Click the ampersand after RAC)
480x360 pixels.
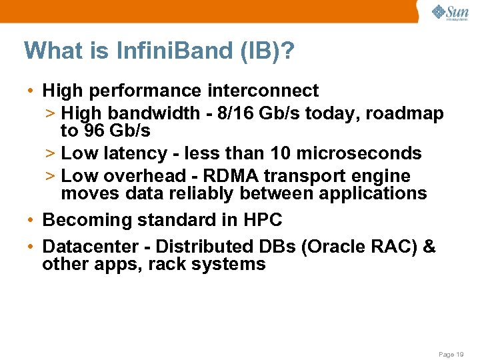click(429, 247)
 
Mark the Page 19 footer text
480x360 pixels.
click(451, 355)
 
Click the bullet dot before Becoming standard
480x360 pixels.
click(31, 220)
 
